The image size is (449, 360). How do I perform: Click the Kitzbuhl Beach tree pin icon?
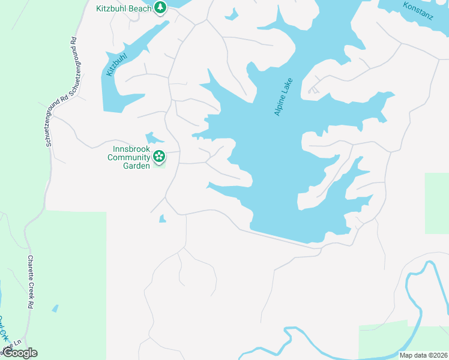point(160,8)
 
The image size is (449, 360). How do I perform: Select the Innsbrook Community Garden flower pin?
point(159,157)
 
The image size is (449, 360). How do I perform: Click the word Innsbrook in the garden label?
point(131,149)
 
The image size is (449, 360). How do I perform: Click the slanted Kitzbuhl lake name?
point(116,65)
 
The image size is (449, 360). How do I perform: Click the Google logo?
point(20,353)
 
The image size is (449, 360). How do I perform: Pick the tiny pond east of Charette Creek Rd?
point(55,308)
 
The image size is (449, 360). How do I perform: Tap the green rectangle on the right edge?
point(436,203)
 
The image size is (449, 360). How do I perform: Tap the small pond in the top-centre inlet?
point(232,14)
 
